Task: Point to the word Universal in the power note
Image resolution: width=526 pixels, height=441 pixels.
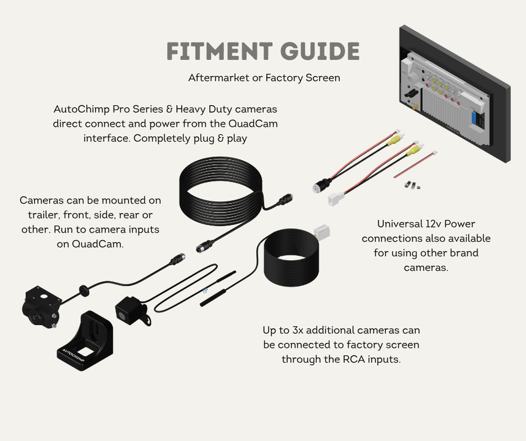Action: tap(401, 224)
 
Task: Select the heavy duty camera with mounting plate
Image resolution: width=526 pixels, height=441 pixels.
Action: tap(42, 306)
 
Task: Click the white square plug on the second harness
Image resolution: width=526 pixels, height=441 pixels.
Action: tap(335, 198)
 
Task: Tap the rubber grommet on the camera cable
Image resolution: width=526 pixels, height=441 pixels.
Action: tap(83, 290)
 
